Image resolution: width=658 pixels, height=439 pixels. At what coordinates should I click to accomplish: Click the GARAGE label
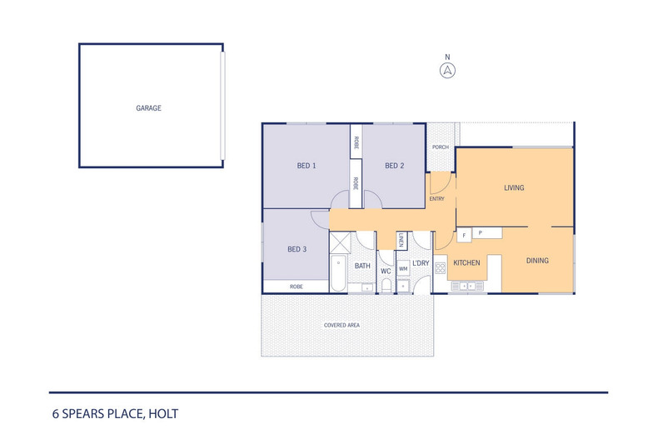click(148, 107)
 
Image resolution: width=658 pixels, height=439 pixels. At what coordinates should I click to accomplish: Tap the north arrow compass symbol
click(447, 71)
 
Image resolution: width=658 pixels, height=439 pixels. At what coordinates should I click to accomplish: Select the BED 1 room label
click(307, 166)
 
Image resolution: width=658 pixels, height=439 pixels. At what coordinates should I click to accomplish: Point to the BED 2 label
click(395, 166)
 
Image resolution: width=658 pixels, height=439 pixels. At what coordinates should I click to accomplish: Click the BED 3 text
click(297, 249)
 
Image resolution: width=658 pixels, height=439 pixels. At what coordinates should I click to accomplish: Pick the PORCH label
click(441, 147)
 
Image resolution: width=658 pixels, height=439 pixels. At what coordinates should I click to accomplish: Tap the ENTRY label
click(436, 199)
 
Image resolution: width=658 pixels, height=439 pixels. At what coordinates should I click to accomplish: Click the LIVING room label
click(514, 187)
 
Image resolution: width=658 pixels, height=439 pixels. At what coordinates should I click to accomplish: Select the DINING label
click(537, 261)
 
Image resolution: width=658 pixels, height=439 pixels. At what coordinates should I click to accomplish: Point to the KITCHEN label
click(466, 262)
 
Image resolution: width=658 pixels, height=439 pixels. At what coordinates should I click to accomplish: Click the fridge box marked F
click(464, 236)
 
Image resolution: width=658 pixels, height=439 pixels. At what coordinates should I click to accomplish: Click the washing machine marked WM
click(403, 268)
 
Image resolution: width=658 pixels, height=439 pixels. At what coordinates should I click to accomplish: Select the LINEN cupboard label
click(401, 240)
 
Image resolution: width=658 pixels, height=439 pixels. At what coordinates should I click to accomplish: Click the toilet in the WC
click(386, 287)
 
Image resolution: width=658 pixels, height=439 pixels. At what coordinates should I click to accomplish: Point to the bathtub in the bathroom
click(338, 273)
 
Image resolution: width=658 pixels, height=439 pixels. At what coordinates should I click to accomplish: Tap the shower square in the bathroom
click(340, 242)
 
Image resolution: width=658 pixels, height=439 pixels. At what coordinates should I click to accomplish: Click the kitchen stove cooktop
click(441, 268)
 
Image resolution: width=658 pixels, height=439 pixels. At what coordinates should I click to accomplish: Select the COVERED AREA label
click(341, 325)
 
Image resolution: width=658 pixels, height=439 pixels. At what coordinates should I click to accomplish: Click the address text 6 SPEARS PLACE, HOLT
click(116, 414)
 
